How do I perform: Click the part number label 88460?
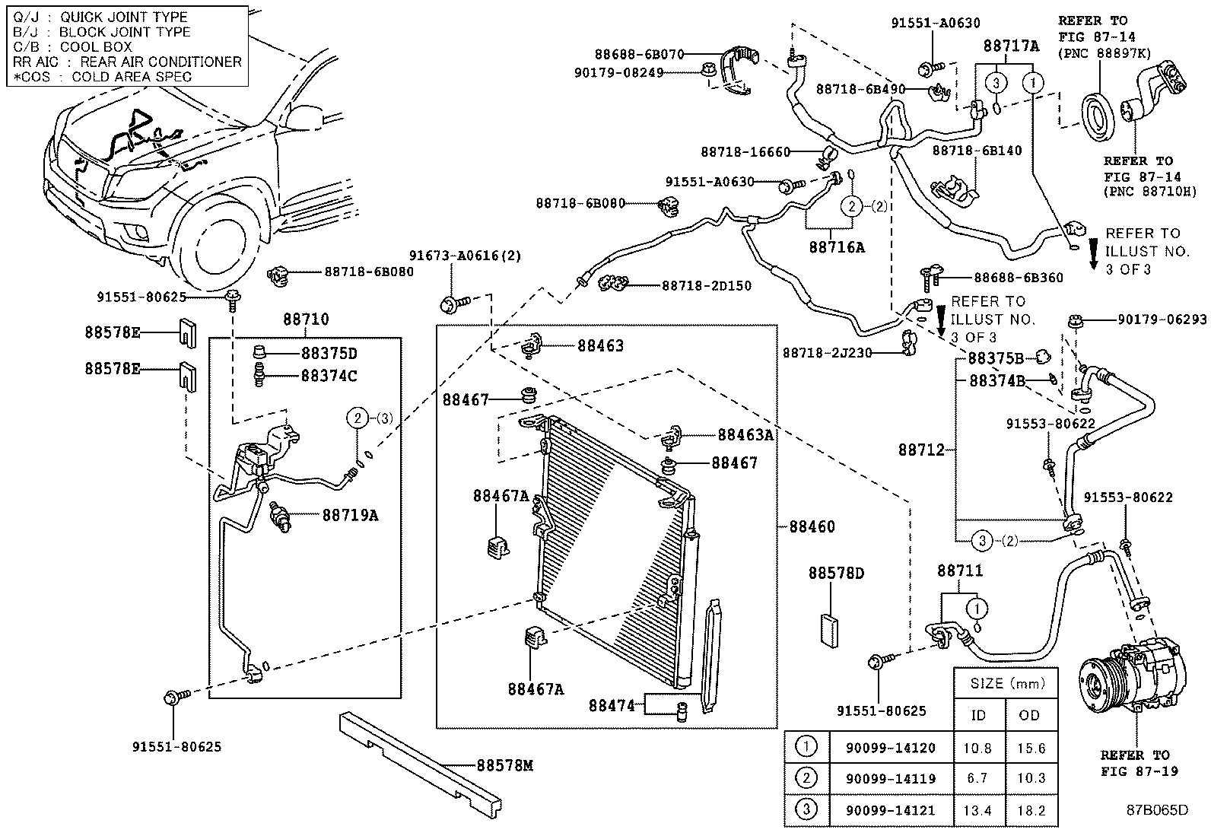812,526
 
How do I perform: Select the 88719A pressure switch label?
350,515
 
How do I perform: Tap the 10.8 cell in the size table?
980,748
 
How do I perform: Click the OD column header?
1031,715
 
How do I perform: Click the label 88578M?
505,765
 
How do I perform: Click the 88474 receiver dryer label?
611,705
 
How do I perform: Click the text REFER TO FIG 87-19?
1139,762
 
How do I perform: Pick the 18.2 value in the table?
1031,812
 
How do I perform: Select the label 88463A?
745,434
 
